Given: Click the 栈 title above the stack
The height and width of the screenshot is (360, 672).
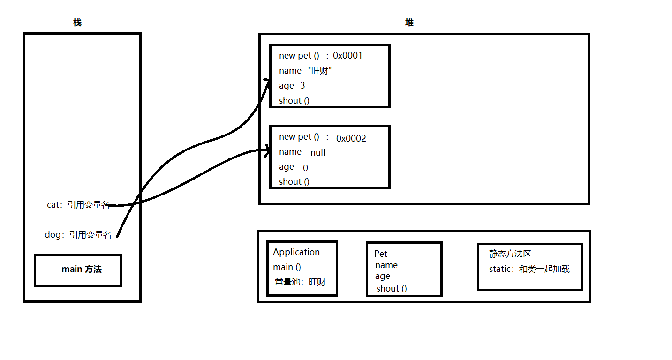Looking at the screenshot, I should coord(77,22).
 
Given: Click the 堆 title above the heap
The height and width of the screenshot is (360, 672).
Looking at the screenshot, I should coord(409,22).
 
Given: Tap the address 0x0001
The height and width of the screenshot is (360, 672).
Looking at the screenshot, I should coord(347,56).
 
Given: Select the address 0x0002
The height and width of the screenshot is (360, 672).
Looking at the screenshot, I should coord(351,138).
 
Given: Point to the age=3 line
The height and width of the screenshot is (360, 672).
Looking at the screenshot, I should coord(292,86).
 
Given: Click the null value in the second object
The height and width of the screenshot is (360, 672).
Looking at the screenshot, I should coord(317,153).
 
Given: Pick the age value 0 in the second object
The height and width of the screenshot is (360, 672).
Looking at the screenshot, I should coord(305,168).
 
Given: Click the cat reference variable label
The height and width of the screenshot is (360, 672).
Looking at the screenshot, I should coord(78,205).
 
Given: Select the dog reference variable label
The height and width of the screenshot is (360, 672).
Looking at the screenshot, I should coord(78,235).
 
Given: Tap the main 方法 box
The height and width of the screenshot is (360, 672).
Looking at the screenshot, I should coord(78,270).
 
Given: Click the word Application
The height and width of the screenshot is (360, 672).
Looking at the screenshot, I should coord(296,252).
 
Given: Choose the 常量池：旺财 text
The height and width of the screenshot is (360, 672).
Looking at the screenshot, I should coord(300,282).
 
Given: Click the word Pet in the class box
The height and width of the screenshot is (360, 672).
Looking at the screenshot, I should coord(381,254).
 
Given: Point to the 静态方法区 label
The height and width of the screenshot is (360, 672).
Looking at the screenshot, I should coord(510,254).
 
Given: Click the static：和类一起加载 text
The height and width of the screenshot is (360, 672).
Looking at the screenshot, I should coord(529,270).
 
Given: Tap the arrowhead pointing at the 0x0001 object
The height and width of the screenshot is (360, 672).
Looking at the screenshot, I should coord(269,81).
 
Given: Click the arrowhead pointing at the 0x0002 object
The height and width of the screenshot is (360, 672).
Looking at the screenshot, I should coord(268,151).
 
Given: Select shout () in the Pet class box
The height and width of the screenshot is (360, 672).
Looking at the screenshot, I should coord(392,289).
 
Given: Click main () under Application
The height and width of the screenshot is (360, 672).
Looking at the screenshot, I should coord(287,267).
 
